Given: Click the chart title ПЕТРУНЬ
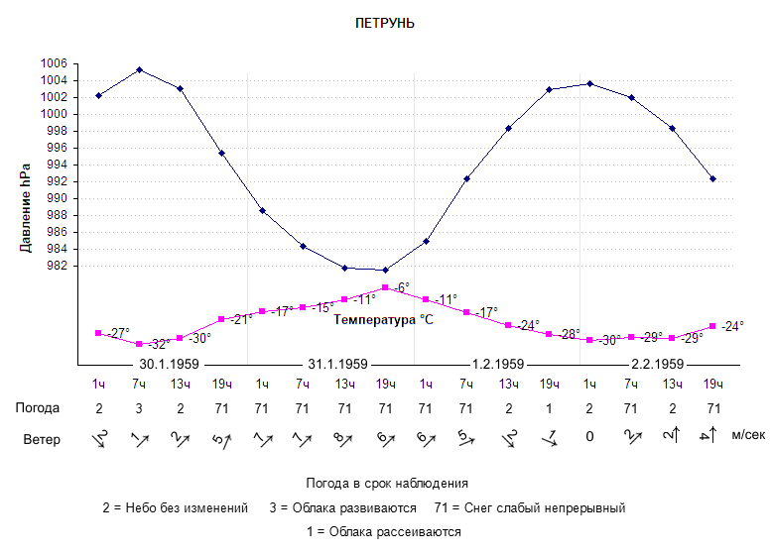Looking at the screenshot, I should (x=384, y=23).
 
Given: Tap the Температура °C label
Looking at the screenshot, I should (x=384, y=320).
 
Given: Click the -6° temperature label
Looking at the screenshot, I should (x=402, y=287).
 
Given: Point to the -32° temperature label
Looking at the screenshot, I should (x=158, y=345).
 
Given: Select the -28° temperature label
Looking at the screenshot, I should (x=569, y=335).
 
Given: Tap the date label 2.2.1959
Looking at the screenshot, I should (x=657, y=364).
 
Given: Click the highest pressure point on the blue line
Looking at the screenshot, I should (x=139, y=69).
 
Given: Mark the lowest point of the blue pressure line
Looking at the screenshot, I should (x=385, y=270).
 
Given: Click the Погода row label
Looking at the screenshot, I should (x=38, y=407).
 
